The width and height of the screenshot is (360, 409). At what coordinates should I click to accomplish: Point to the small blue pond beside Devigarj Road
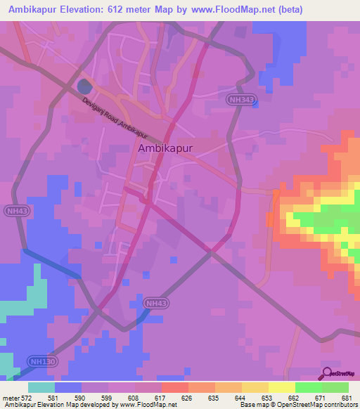pyautogui.click(x=84, y=87)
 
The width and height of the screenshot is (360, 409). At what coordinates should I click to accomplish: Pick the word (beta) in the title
pyautogui.click(x=337, y=10)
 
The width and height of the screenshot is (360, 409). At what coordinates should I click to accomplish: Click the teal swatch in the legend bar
pyautogui.click(x=41, y=387)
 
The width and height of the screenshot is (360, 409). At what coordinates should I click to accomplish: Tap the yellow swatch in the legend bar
pyautogui.click(x=281, y=387)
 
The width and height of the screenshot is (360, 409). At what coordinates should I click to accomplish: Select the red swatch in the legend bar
pyautogui.click(x=174, y=387)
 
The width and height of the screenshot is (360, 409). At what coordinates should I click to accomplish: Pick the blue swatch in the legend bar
pyautogui.click(x=68, y=387)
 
